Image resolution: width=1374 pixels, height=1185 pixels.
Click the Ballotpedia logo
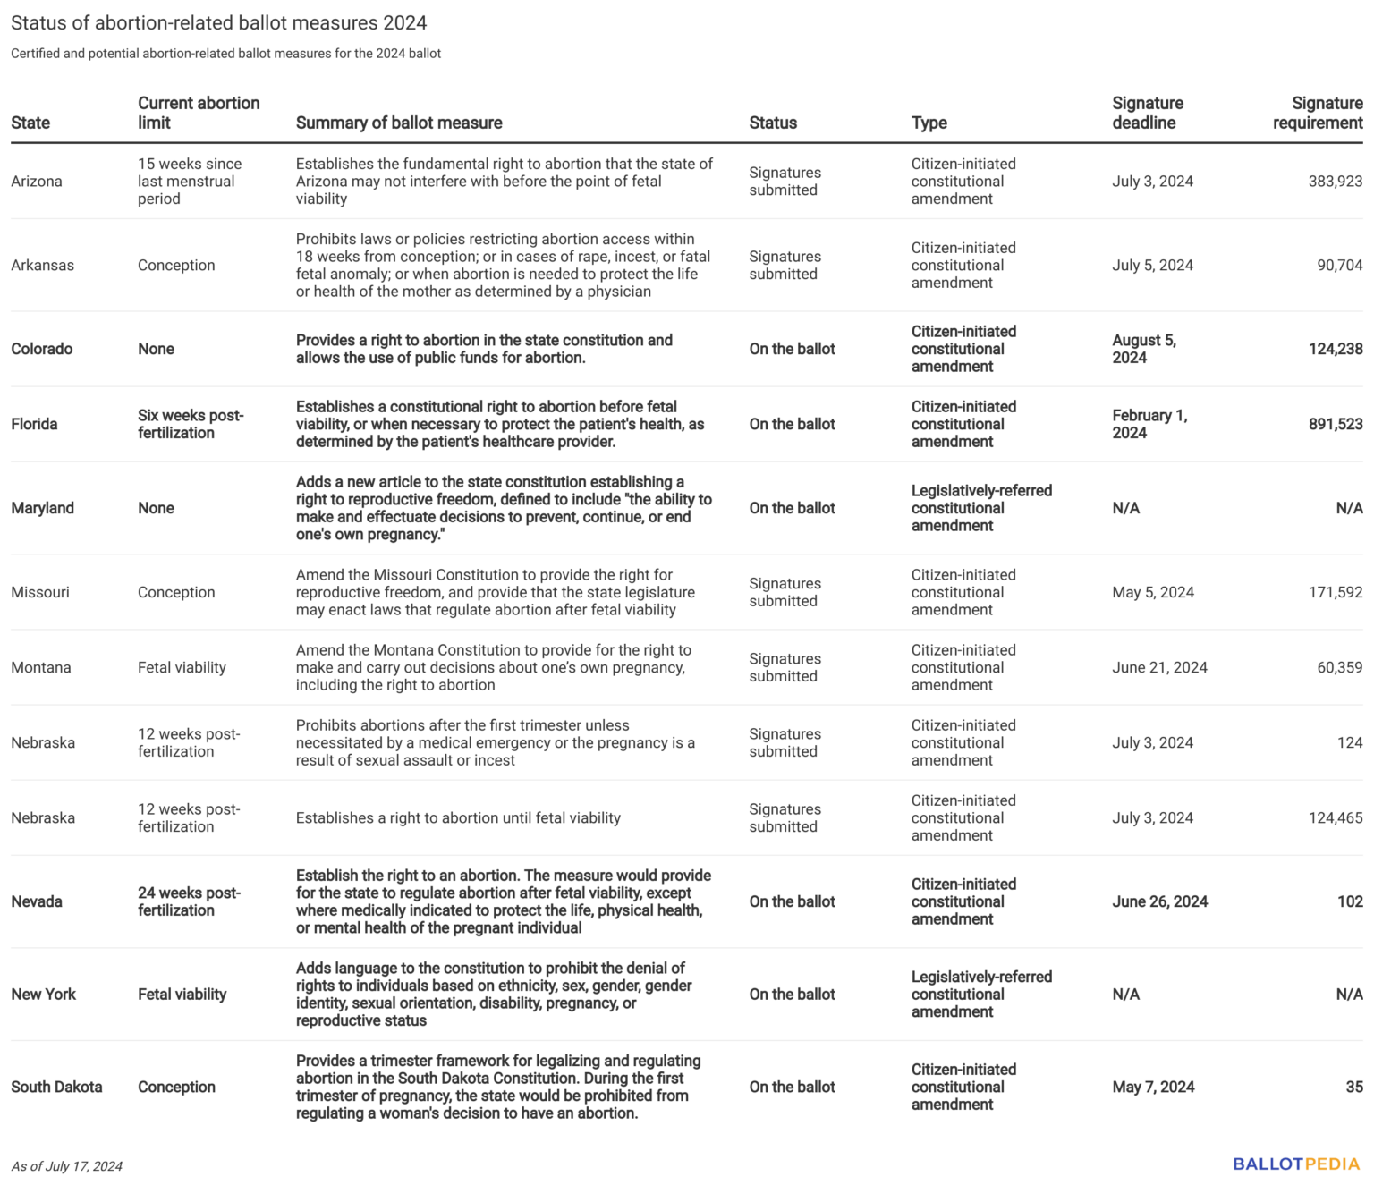[x=1295, y=1164]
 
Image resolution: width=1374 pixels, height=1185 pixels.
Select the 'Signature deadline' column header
[x=1147, y=113]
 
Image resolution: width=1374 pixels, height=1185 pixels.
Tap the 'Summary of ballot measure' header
[x=399, y=123]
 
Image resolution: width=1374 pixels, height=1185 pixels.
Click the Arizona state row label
[x=37, y=182]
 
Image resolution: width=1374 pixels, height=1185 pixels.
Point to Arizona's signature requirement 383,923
[x=1335, y=182]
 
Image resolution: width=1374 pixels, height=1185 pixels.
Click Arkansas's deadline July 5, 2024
[x=1152, y=266]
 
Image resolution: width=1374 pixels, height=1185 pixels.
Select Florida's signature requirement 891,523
[x=1335, y=424]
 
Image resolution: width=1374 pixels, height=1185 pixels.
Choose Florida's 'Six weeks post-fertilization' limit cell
[x=190, y=424]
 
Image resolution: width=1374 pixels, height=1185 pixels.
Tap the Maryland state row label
[x=42, y=508]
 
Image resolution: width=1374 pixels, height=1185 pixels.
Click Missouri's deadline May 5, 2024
[x=1152, y=592]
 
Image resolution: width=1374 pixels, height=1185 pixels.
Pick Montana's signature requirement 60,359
[x=1339, y=667]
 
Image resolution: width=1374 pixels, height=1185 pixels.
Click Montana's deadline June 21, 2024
[x=1159, y=667]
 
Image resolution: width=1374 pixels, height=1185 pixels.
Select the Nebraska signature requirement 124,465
[x=1335, y=817]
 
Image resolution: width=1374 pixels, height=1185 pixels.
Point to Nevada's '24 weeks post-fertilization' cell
[x=189, y=901]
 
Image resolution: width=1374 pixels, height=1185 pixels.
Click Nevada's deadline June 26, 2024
[x=1159, y=901]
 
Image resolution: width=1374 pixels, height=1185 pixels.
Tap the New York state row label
[x=43, y=995]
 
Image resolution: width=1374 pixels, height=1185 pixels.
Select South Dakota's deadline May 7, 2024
[x=1153, y=1087]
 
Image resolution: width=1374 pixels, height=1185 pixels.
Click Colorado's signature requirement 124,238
[x=1335, y=349]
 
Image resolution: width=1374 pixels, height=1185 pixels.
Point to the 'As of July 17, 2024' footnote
[x=66, y=1166]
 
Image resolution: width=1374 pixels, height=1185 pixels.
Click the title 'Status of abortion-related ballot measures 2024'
[x=218, y=22]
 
